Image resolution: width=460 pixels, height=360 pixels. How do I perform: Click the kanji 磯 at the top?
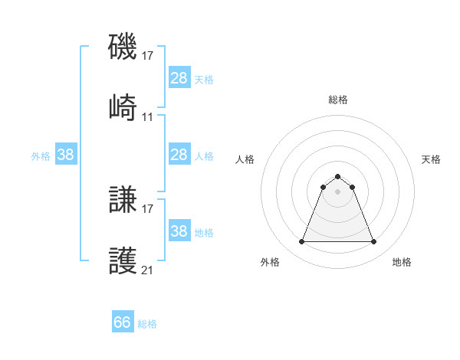coord(123,47)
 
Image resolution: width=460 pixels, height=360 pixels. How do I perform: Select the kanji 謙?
coord(123,201)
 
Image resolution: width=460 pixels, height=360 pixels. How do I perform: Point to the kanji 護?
coord(123,262)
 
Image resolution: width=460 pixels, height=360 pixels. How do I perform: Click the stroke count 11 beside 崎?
coord(148,117)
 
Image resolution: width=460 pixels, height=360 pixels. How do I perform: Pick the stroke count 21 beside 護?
coord(148,270)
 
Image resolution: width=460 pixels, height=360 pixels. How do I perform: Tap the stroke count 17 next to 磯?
coord(148,56)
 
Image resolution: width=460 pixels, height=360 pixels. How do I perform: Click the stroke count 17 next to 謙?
coord(148,209)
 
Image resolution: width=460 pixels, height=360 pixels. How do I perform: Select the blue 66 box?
coord(123,322)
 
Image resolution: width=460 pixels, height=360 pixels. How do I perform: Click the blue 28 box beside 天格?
coord(179,78)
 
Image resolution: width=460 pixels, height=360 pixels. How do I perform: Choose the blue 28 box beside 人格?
coord(179,155)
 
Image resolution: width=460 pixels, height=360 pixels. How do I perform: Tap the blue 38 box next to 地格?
coord(179,231)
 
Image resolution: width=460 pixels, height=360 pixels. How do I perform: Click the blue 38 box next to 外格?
coord(65,155)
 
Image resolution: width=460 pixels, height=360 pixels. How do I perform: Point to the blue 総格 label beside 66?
coord(147,324)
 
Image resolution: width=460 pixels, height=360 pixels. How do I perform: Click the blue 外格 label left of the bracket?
coord(41,156)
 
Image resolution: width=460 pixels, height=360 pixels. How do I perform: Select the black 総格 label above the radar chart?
coord(337,100)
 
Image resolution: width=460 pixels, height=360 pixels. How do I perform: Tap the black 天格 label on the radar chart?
coord(431,159)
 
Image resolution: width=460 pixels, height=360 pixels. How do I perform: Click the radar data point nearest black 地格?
coord(373,242)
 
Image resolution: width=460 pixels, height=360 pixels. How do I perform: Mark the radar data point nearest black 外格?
coord(301,242)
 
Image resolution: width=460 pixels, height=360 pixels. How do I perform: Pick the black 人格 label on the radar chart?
coord(245,159)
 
